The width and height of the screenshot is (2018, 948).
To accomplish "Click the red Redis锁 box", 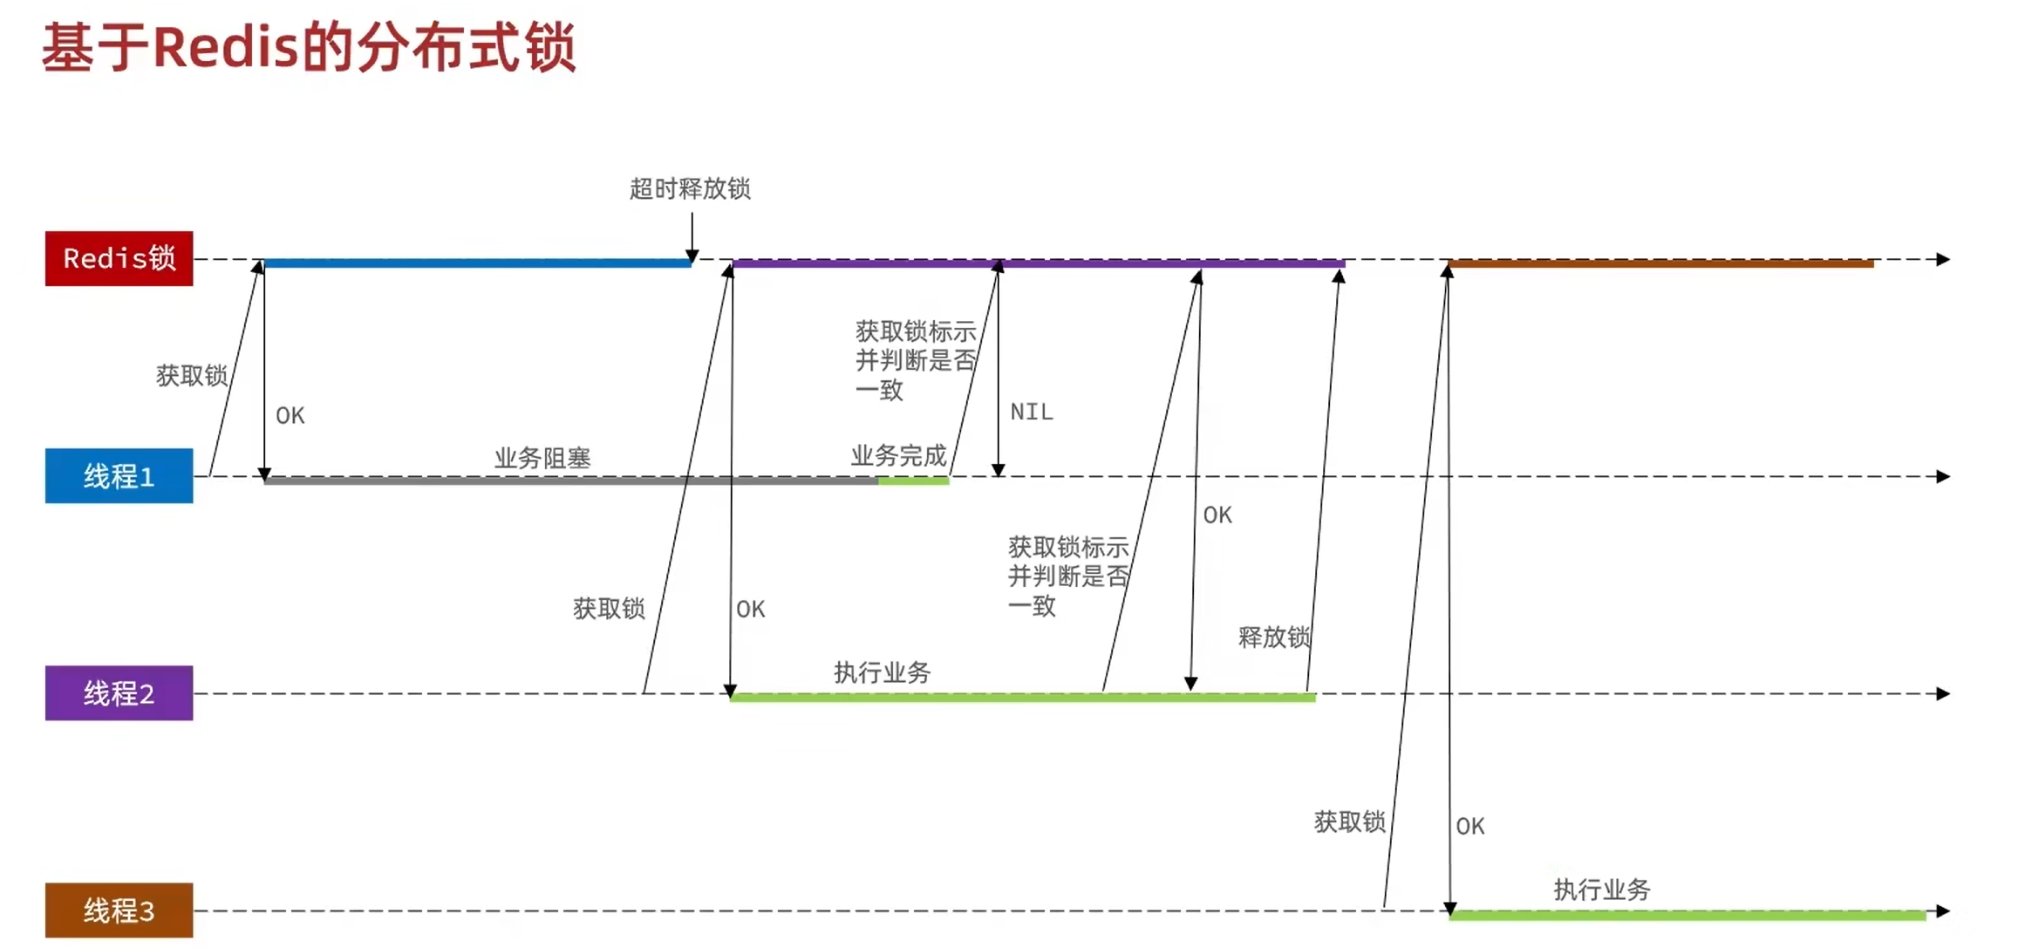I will (x=119, y=258).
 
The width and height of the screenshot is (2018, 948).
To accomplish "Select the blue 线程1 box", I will (x=119, y=475).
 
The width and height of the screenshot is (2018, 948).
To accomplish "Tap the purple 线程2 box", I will (x=119, y=692).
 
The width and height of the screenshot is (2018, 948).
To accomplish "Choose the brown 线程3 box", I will (x=119, y=910).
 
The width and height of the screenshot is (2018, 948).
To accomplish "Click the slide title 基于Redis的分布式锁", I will (x=309, y=47).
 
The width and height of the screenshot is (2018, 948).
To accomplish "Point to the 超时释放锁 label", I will (x=690, y=188).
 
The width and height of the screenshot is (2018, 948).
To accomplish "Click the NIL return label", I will (x=1032, y=412).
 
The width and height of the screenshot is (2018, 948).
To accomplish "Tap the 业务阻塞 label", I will (x=542, y=458).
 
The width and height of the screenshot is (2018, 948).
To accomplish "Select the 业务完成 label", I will (x=898, y=455).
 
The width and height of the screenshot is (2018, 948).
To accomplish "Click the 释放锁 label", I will (x=1273, y=637).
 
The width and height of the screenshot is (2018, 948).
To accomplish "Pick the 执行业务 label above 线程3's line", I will (x=1602, y=890).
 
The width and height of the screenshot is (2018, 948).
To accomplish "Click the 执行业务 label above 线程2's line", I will (x=882, y=672).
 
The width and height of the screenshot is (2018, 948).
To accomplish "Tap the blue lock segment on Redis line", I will (x=477, y=263).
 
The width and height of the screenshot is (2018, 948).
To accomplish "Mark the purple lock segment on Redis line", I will (x=1038, y=263).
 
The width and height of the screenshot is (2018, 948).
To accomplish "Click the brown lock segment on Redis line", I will (x=1660, y=263).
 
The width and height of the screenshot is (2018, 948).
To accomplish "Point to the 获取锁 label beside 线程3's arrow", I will (x=1349, y=822).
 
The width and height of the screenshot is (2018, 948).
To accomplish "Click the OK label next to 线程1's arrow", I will (x=290, y=416).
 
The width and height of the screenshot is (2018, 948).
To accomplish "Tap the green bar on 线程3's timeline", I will (x=1687, y=916).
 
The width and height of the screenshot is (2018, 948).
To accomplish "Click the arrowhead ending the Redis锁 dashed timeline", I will (x=1943, y=259).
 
